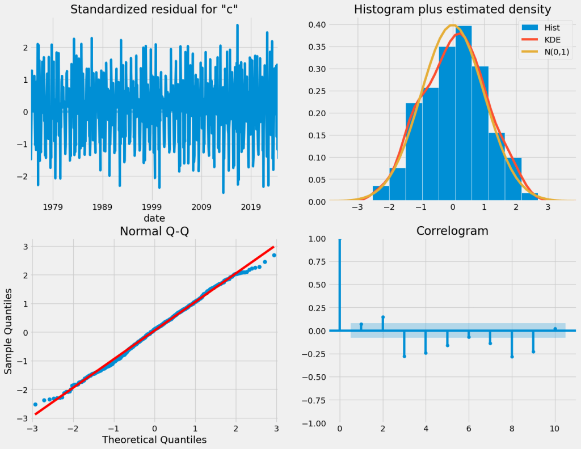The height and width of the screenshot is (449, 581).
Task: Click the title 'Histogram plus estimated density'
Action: click(x=452, y=10)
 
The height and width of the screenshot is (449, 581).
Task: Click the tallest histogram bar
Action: click(x=463, y=113)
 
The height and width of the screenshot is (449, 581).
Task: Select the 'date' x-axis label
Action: click(x=154, y=218)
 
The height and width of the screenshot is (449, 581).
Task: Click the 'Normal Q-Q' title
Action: click(x=154, y=231)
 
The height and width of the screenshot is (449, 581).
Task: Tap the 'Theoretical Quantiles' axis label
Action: click(x=154, y=439)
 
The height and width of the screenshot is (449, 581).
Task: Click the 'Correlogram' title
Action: click(x=452, y=231)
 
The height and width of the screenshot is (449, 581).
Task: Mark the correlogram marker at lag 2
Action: click(x=383, y=317)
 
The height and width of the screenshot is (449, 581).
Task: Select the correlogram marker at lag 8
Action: click(x=512, y=357)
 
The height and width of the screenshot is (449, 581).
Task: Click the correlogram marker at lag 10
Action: click(x=555, y=329)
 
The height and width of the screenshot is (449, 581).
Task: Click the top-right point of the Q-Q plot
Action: click(x=274, y=255)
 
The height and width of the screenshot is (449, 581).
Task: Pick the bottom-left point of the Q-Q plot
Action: click(x=35, y=404)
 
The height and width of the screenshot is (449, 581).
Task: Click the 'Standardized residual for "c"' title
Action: click(x=154, y=10)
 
